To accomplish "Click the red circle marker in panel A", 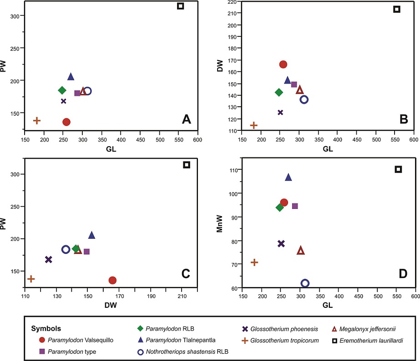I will pyautogui.click(x=66, y=122).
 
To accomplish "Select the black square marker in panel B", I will pyautogui.click(x=397, y=9).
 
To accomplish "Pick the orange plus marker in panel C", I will pyautogui.click(x=31, y=278).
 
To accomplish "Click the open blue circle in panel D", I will pyautogui.click(x=305, y=283).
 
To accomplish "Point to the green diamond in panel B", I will pyautogui.click(x=279, y=92).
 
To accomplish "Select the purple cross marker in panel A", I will pyautogui.click(x=64, y=101).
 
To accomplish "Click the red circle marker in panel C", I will pyautogui.click(x=112, y=280).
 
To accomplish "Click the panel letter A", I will pyautogui.click(x=186, y=119).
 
